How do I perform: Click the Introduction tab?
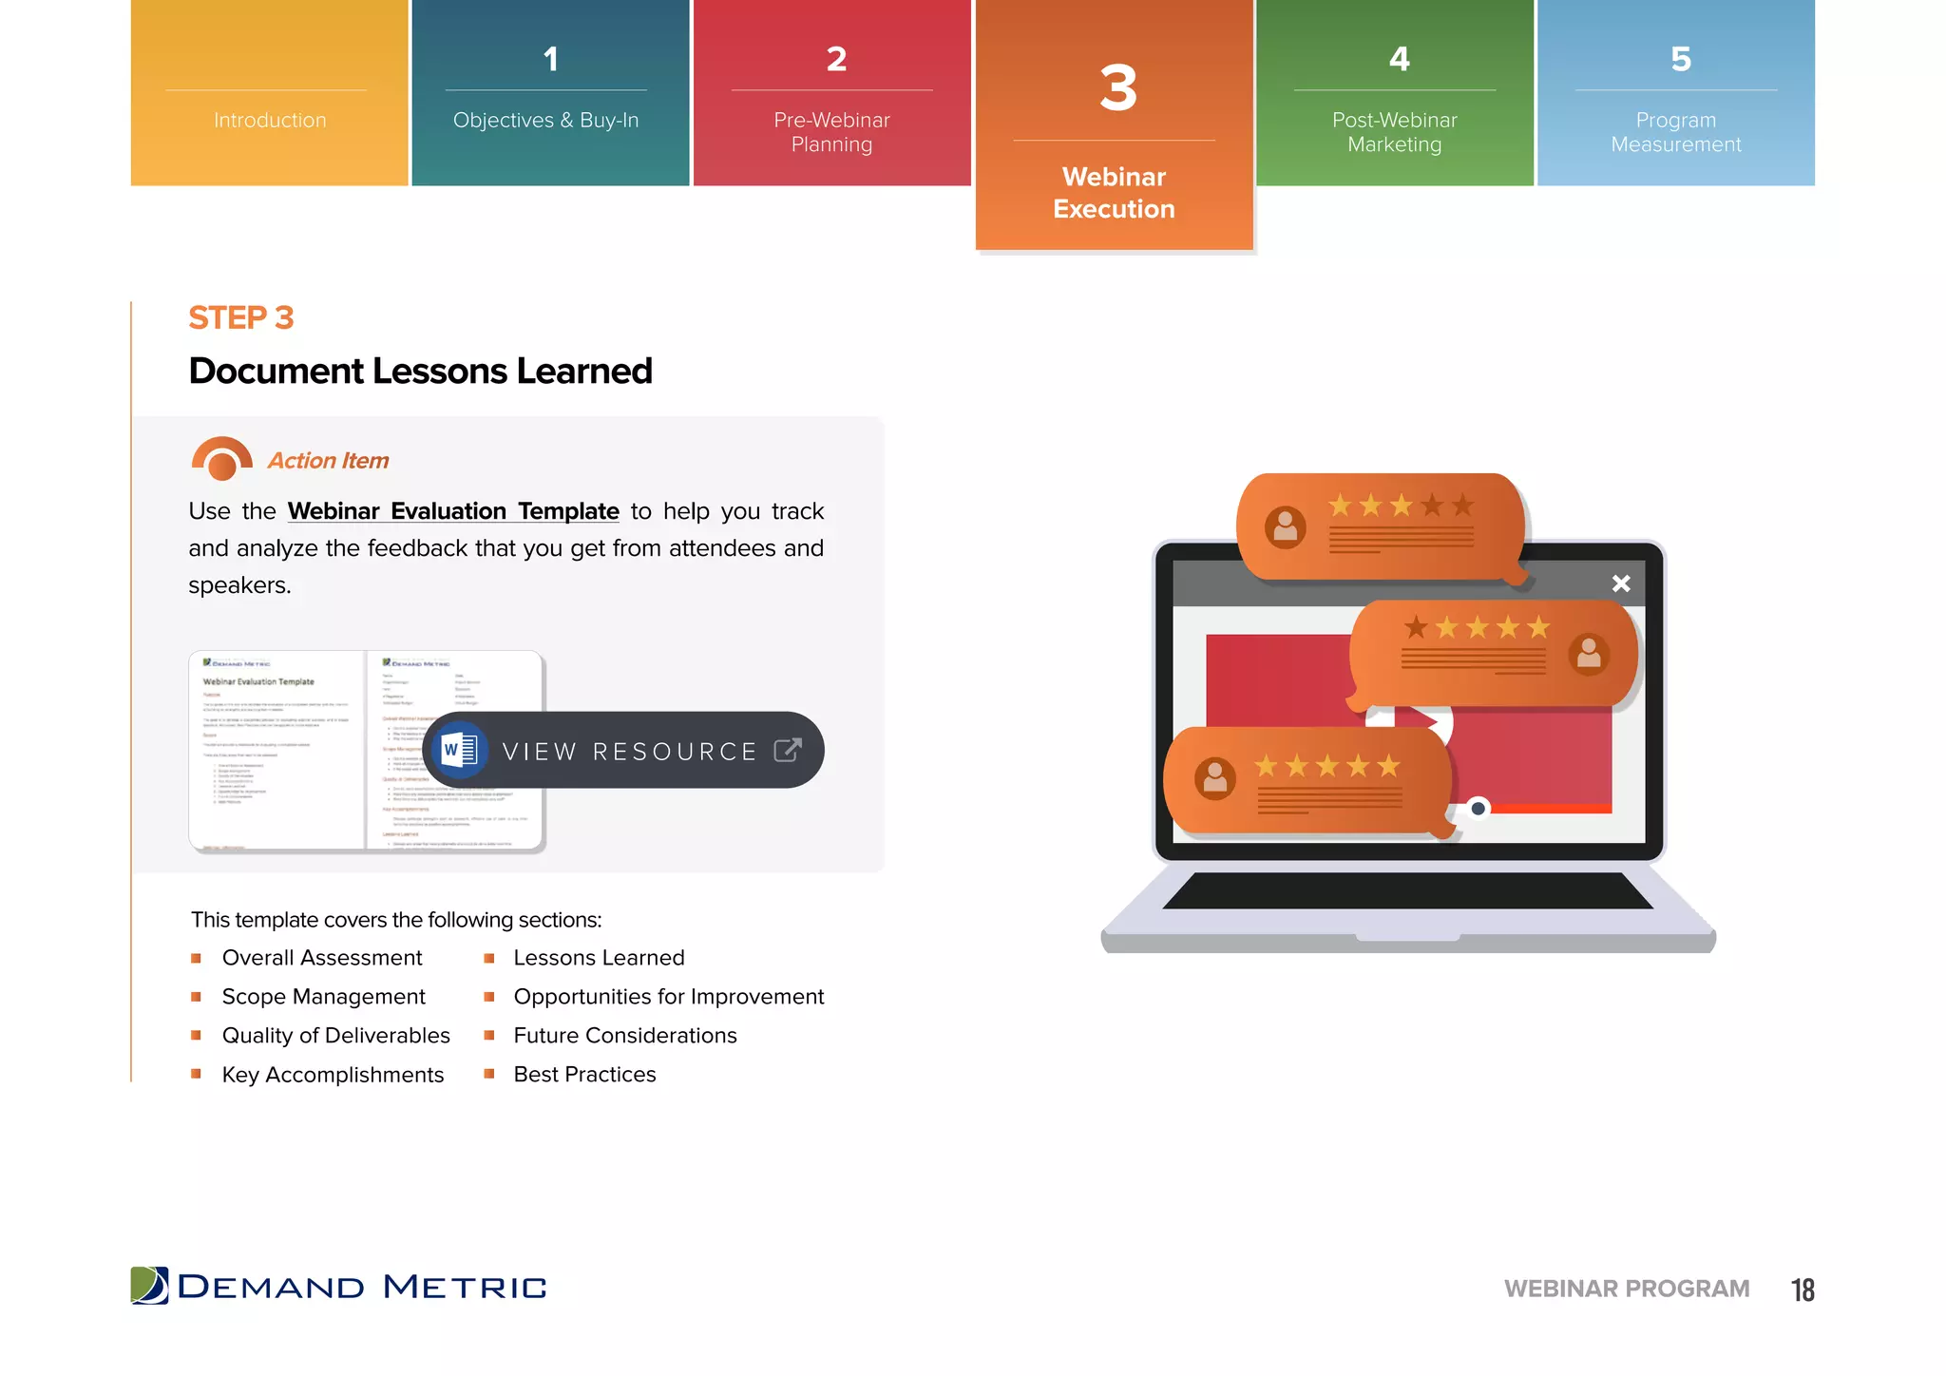click(270, 120)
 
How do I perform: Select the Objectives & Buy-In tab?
click(546, 120)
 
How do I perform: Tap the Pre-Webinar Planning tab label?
click(831, 132)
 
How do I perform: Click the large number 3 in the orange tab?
click(1118, 88)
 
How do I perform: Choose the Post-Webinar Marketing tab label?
click(1394, 132)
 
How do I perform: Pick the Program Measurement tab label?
click(1676, 132)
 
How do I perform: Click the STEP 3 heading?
click(241, 317)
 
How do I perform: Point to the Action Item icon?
click(221, 459)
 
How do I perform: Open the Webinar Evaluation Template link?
click(453, 511)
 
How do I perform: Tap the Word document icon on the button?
click(460, 751)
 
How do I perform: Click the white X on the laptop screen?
click(1621, 583)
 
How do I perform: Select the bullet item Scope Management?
click(323, 997)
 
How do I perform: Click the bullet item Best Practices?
click(584, 1075)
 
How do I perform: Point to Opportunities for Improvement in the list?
click(668, 997)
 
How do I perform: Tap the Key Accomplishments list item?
click(333, 1075)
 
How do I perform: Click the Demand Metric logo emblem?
click(149, 1286)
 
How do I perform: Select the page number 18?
click(1803, 1290)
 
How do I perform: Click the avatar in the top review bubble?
click(1285, 526)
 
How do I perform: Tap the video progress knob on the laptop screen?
click(1478, 809)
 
